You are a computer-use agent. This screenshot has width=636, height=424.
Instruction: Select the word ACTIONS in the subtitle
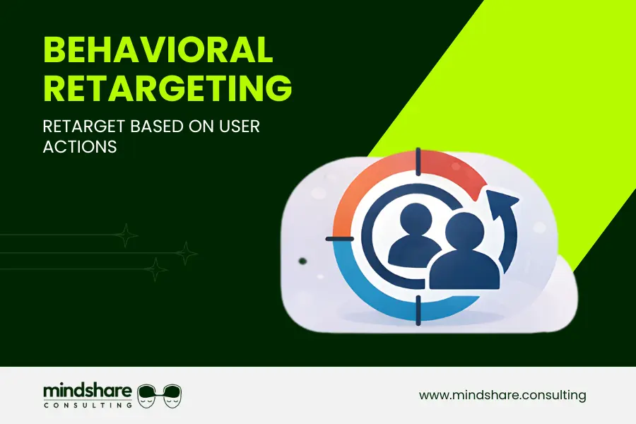(79, 148)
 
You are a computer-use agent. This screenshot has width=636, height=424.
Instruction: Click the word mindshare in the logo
(87, 391)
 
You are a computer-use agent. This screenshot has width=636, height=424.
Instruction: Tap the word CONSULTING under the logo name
(87, 405)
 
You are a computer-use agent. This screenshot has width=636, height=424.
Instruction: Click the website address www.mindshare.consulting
(502, 395)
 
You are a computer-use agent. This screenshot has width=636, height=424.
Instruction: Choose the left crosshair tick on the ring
(338, 239)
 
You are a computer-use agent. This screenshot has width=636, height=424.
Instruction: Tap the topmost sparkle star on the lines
(126, 235)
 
